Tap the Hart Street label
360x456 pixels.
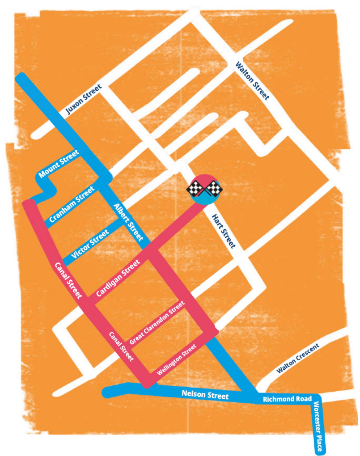point(222,230)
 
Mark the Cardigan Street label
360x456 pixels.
point(119,277)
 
